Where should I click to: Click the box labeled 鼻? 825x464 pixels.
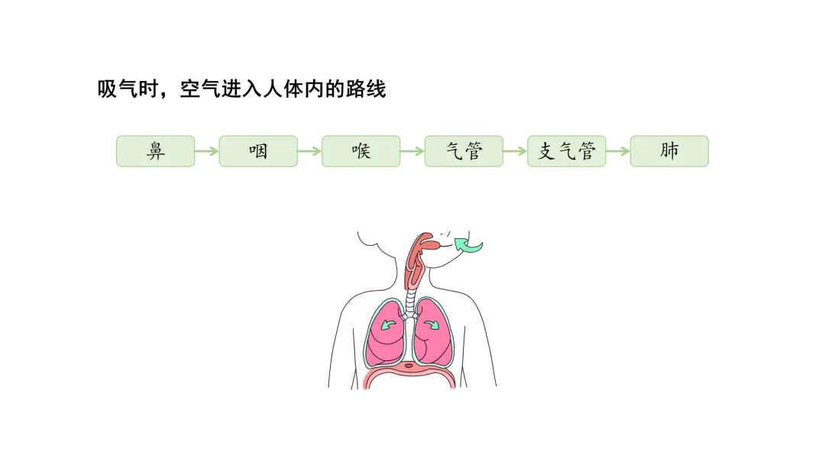point(155,151)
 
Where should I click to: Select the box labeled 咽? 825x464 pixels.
point(258,151)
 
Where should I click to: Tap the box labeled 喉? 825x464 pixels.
point(361,151)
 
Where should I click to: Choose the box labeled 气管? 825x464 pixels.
point(464,151)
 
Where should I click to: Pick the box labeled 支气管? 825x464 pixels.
point(566,151)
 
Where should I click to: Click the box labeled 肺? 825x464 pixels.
point(669,151)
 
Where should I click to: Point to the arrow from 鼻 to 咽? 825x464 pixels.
point(207,151)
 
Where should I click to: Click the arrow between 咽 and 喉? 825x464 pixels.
point(309,151)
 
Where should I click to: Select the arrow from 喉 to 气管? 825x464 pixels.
point(412,151)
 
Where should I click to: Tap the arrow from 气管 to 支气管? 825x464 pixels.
point(515,151)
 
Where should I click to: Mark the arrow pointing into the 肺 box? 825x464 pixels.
point(618,151)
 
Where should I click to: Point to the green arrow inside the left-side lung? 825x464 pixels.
point(389,324)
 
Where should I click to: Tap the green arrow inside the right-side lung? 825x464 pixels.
point(432,324)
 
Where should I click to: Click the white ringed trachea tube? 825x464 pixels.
point(411,301)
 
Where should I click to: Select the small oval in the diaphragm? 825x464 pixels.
point(409,366)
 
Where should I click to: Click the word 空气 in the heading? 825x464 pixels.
point(198,89)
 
